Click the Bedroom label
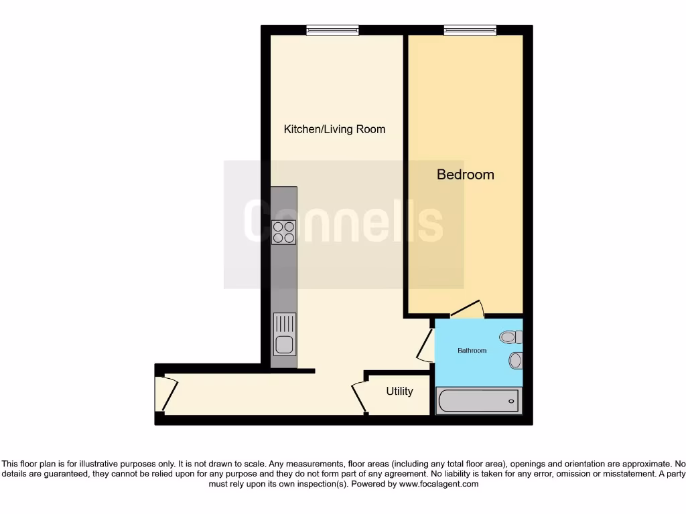pos(466,175)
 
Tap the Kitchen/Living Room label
pos(334,129)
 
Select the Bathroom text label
pos(472,351)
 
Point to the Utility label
pos(399,392)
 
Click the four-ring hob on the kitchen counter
pos(283,232)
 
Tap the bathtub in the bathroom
pos(478,401)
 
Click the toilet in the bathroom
pos(512,337)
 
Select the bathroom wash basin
pos(515,361)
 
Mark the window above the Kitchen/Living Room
pos(332,29)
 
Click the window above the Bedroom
pos(470,29)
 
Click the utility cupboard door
pos(359,396)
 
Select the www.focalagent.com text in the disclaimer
pos(439,484)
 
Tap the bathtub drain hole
pos(512,401)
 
